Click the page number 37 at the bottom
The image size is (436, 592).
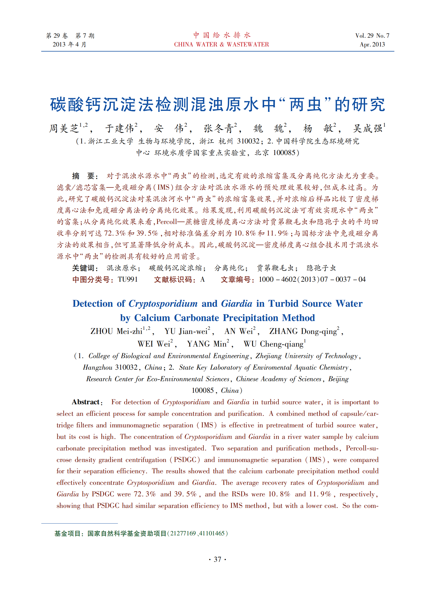[217, 559]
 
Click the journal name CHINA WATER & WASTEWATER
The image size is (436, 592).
[221, 45]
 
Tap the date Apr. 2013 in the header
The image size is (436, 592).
[372, 45]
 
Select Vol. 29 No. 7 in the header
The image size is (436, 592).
[372, 36]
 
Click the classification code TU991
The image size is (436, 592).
[128, 280]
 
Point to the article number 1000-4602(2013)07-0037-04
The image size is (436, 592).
[312, 280]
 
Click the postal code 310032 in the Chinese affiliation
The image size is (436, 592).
[248, 141]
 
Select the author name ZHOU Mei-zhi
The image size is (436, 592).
[116, 331]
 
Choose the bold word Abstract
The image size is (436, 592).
[86, 402]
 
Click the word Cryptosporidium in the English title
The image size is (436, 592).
[163, 304]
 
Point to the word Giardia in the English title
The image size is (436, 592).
[237, 304]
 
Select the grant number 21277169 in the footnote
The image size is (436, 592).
[183, 533]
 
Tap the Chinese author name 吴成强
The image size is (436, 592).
[368, 128]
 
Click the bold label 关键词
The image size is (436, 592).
[85, 268]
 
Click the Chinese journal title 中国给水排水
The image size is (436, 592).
[222, 35]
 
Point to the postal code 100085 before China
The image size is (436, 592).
[203, 391]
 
